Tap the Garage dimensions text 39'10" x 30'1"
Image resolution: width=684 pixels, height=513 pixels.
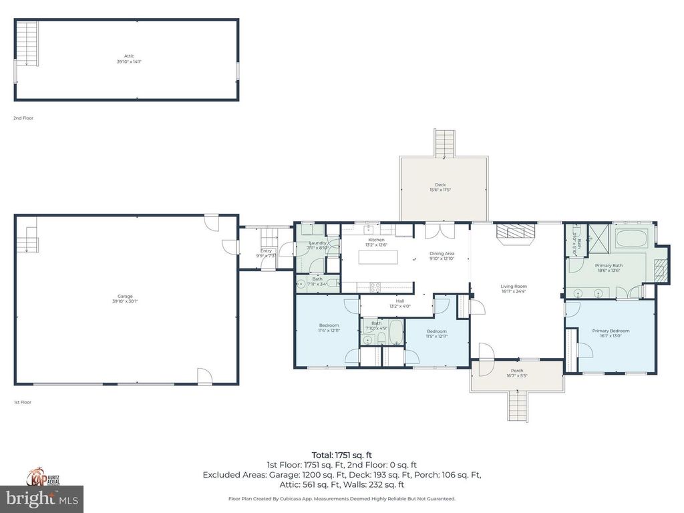tap(125, 302)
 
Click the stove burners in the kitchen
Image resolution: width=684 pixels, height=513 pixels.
tap(375, 287)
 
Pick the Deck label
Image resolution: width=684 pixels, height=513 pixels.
tap(440, 185)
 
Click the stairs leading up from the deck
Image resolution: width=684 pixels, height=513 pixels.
tap(444, 142)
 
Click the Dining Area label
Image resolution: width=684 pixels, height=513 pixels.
tap(442, 253)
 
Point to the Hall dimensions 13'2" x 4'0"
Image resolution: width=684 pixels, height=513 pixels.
tap(400, 307)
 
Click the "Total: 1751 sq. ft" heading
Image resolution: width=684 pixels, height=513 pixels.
tap(341, 455)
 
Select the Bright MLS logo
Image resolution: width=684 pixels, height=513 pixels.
tap(41, 498)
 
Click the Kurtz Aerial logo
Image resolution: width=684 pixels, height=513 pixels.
tap(41, 476)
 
